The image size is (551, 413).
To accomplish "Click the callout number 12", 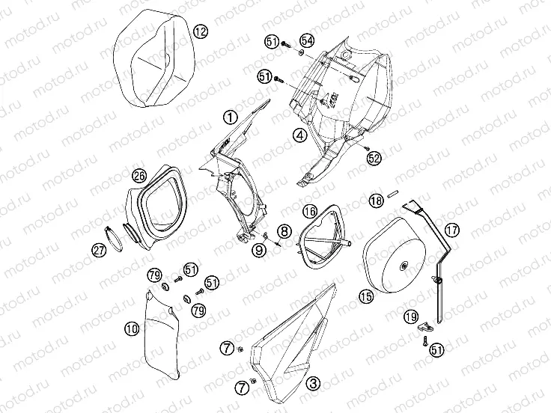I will coord(199,31).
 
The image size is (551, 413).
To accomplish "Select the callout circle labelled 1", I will coord(230,116).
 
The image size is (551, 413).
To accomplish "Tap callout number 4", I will coord(299,135).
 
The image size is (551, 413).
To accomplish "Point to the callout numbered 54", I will coord(307,40).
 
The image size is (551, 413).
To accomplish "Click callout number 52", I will coord(374,157).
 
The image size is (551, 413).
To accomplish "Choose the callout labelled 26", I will coord(138,177).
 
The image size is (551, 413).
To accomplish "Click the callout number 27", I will coord(98,252).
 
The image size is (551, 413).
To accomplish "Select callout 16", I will coord(310,212).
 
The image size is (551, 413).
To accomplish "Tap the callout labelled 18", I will coord(375,201).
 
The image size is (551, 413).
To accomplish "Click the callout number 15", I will coord(365,297).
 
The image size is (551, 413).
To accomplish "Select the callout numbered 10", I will coord(131,328).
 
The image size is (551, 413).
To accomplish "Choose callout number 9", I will coord(258,251).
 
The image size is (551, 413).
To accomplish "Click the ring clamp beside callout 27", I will coord(116,238).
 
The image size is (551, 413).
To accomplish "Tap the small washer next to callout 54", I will coord(299,52).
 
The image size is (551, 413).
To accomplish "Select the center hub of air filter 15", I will coord(404,263).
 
